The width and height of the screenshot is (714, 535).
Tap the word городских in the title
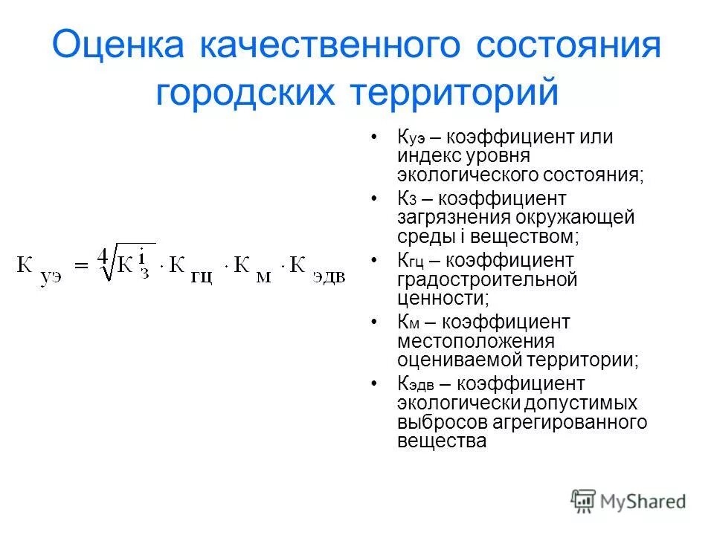(248, 94)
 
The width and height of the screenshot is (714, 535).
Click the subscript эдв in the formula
(329, 277)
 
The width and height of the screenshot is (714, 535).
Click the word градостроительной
(487, 280)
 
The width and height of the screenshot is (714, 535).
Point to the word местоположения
(476, 341)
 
